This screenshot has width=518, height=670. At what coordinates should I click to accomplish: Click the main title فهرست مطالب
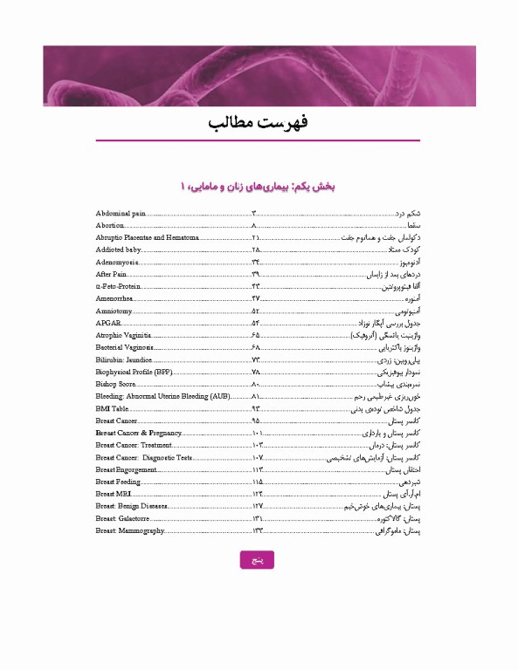(x=259, y=122)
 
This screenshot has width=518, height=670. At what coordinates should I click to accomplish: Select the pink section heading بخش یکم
(x=259, y=187)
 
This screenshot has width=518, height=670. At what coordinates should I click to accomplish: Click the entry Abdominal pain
(x=121, y=213)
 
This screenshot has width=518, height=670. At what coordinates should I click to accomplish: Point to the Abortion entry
(x=111, y=225)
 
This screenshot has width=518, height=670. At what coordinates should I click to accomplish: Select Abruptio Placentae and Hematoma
(x=148, y=237)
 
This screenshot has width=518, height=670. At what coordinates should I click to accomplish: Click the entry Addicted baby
(x=119, y=250)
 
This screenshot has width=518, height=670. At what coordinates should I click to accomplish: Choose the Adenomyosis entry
(x=117, y=262)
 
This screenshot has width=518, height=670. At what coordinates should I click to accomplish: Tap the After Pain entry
(x=112, y=274)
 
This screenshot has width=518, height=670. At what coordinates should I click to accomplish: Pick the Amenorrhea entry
(x=115, y=298)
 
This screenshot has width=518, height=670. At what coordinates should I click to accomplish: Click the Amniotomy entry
(x=114, y=311)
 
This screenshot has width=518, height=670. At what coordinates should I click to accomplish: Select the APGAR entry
(x=108, y=323)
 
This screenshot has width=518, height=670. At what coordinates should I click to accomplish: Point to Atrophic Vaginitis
(x=125, y=335)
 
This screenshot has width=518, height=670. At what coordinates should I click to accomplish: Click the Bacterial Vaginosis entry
(x=126, y=347)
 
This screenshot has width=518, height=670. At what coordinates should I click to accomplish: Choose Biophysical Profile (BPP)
(x=135, y=372)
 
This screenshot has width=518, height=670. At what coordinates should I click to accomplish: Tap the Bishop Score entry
(x=117, y=384)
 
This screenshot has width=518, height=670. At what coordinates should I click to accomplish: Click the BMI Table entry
(x=113, y=408)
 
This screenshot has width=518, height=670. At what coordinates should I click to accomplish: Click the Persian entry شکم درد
(x=410, y=213)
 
